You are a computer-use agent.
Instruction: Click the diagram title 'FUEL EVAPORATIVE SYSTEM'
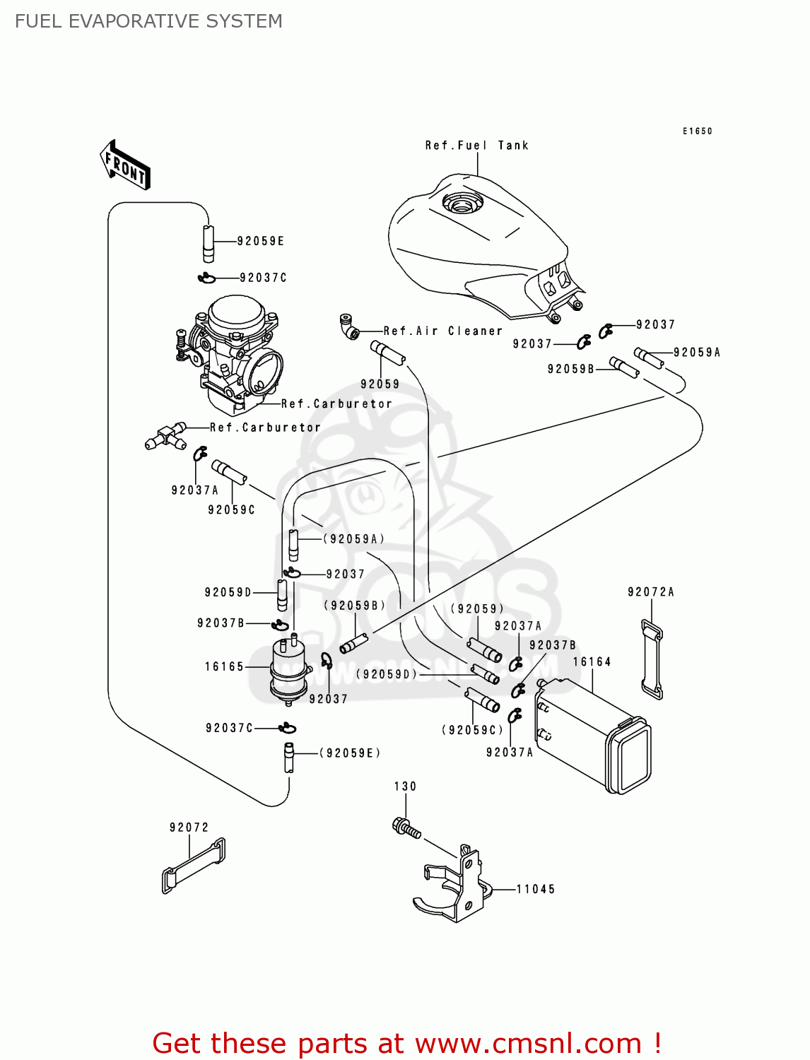(148, 21)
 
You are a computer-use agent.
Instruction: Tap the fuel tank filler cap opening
(462, 205)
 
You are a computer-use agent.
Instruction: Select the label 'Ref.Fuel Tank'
(476, 146)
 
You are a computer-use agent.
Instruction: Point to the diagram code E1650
(697, 131)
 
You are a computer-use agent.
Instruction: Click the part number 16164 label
(592, 662)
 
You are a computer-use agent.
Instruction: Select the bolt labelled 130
(406, 828)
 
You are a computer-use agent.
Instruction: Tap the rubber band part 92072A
(652, 659)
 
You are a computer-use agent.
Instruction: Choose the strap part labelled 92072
(194, 866)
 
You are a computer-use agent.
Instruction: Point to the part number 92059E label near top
(261, 242)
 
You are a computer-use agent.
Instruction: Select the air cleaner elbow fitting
(349, 326)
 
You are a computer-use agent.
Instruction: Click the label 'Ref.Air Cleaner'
(442, 331)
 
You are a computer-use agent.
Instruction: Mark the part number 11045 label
(536, 890)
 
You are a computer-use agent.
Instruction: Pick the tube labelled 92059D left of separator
(281, 595)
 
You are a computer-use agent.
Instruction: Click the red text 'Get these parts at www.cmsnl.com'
(406, 1043)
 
